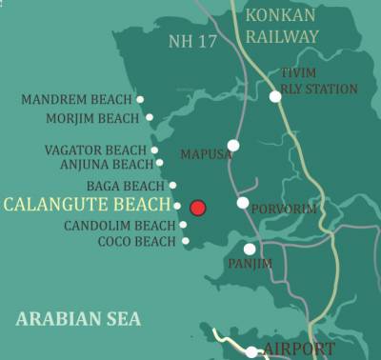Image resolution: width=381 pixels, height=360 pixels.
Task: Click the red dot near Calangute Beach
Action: coord(198,208)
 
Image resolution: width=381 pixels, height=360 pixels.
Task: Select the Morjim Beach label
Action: coord(92,118)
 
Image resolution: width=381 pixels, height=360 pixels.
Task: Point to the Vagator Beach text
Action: coord(95,150)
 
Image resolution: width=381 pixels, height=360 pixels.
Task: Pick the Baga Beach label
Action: coord(125,186)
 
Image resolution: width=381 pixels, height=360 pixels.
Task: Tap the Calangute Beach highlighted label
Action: coord(87,205)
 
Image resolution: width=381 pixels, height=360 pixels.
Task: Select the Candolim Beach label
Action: coord(120,226)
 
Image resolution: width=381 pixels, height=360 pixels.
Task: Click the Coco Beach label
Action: coord(137,242)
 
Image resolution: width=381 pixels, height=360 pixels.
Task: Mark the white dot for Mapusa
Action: coord(233,146)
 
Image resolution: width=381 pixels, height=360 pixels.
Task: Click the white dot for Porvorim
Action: coord(243,203)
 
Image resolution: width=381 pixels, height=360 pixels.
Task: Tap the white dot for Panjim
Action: coord(250,249)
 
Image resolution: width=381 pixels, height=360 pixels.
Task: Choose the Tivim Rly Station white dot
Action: coord(275,96)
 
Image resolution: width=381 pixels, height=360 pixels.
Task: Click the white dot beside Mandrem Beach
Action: coord(140,99)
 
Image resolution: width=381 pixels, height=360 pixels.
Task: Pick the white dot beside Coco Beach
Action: coord(186,242)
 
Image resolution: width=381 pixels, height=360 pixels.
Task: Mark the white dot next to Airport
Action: coord(251,351)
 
